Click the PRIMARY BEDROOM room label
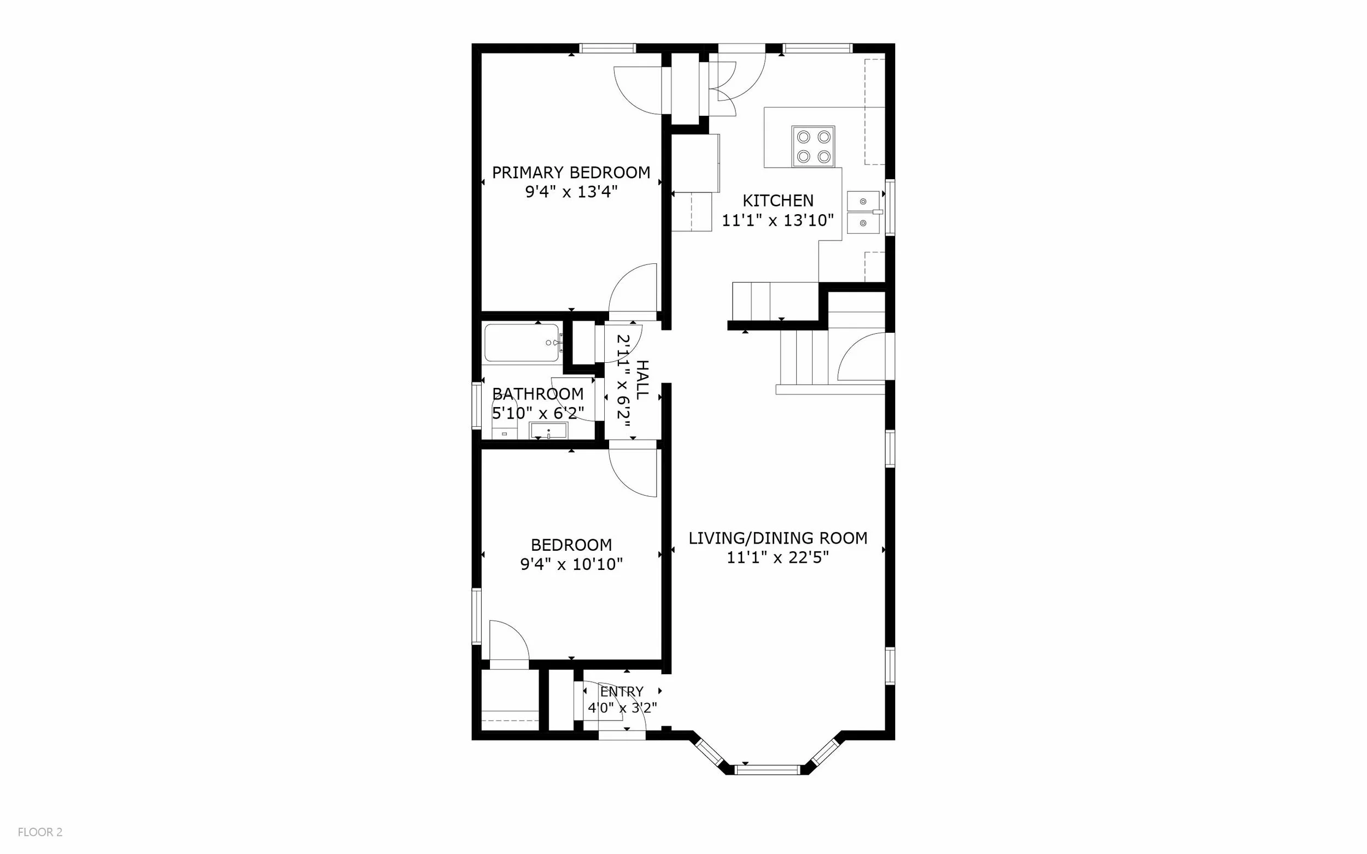coord(571,172)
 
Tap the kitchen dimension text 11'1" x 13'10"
coord(778,220)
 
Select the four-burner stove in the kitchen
coord(813,146)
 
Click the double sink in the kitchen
coord(863,213)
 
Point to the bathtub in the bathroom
coord(523,343)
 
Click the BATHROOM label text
coord(538,394)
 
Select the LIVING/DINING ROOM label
coord(778,538)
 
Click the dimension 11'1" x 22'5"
coord(778,557)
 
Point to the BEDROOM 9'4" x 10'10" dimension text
coord(571,564)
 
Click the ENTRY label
coord(622,691)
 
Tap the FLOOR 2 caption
coord(40,832)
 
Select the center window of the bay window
coord(767,769)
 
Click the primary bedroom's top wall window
coord(608,48)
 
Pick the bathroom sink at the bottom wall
coord(548,431)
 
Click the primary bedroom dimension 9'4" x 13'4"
coord(571,192)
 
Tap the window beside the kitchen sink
coord(890,207)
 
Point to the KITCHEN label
coord(778,201)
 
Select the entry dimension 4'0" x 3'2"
coord(622,708)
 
